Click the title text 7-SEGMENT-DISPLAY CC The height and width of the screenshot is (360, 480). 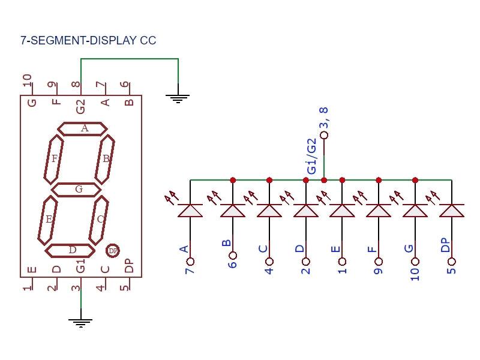pos(88,41)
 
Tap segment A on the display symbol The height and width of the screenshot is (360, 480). pos(83,128)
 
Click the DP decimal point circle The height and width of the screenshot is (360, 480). pos(113,250)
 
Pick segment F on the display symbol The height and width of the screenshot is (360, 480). pos(54,159)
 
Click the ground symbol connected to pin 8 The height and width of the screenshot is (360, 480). pos(178,98)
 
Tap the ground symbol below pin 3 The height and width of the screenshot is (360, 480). pos(81,323)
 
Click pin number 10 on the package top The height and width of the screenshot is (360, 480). pos(27,81)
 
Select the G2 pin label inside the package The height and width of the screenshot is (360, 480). pos(80,106)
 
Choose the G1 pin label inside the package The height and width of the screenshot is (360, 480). pos(80,266)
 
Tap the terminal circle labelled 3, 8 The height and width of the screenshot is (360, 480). pos(325,136)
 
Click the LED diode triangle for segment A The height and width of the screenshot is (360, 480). pos(190,210)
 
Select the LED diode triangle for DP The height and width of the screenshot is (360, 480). pos(451,210)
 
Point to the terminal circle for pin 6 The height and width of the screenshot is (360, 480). pos(233,262)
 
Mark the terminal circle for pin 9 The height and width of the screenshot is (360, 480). pos(379,262)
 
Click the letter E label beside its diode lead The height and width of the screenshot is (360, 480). pos(336,249)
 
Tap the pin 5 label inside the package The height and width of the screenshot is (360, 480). pos(124,287)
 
